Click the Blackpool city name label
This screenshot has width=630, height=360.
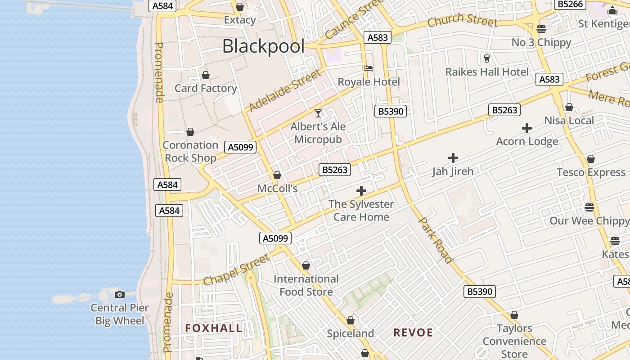click(263, 46)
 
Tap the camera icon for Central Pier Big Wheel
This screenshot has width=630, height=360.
click(120, 294)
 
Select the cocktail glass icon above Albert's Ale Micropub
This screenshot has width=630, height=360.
click(318, 113)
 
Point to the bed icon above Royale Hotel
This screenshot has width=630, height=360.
click(369, 68)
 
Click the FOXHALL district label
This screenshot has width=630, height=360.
click(214, 328)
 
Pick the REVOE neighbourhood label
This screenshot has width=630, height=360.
click(413, 333)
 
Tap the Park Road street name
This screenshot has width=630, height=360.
click(435, 240)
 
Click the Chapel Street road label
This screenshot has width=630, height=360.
click(237, 270)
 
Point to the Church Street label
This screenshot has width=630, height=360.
click(463, 20)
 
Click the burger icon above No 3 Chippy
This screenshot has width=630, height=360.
click(541, 29)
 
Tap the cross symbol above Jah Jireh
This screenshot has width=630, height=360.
click(453, 158)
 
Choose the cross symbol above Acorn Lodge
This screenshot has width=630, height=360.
click(527, 128)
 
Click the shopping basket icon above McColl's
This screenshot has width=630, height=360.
click(277, 175)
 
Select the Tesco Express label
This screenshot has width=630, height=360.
click(591, 172)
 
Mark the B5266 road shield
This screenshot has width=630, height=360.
click(570, 4)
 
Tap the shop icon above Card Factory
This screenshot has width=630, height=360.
click(206, 75)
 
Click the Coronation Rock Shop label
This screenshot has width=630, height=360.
click(190, 152)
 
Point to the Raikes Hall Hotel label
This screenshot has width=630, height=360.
click(487, 72)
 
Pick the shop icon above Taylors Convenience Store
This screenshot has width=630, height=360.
click(514, 315)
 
